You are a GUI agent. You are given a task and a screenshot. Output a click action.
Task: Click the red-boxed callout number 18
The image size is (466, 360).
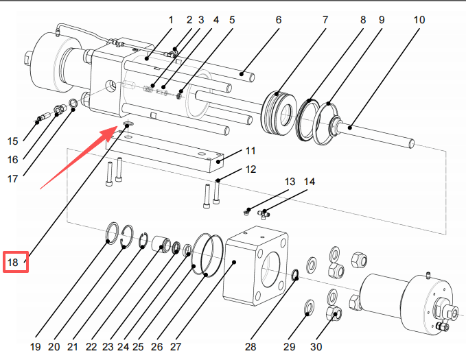point(14,263)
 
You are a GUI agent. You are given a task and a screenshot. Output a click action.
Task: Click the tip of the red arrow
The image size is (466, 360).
point(119,128)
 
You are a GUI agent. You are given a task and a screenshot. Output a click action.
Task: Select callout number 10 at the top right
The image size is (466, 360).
point(419,20)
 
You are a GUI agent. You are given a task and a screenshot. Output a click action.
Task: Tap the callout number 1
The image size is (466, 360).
point(172,20)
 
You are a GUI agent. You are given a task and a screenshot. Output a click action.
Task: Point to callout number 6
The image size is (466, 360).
point(279,20)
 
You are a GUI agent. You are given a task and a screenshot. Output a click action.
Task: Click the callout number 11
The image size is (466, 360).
point(250,150)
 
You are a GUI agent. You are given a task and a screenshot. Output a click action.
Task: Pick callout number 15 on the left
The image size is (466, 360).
point(13,142)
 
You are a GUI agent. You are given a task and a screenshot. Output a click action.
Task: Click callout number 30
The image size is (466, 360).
point(317,347)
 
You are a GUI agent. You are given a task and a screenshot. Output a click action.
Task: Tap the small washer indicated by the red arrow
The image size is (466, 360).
point(128,125)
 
